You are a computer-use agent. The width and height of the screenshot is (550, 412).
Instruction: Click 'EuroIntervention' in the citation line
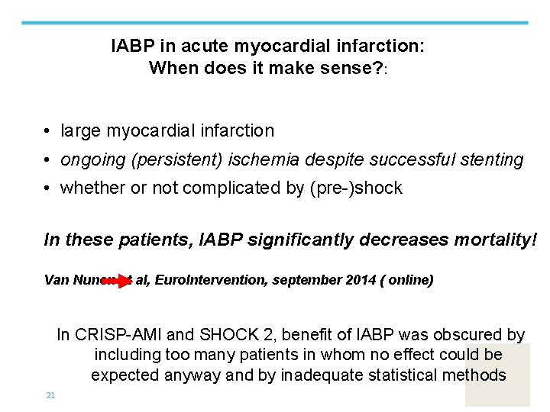(x=201, y=280)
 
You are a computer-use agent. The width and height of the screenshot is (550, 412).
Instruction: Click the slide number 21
(x=50, y=394)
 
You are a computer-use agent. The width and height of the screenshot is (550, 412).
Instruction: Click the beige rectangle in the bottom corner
(x=497, y=375)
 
